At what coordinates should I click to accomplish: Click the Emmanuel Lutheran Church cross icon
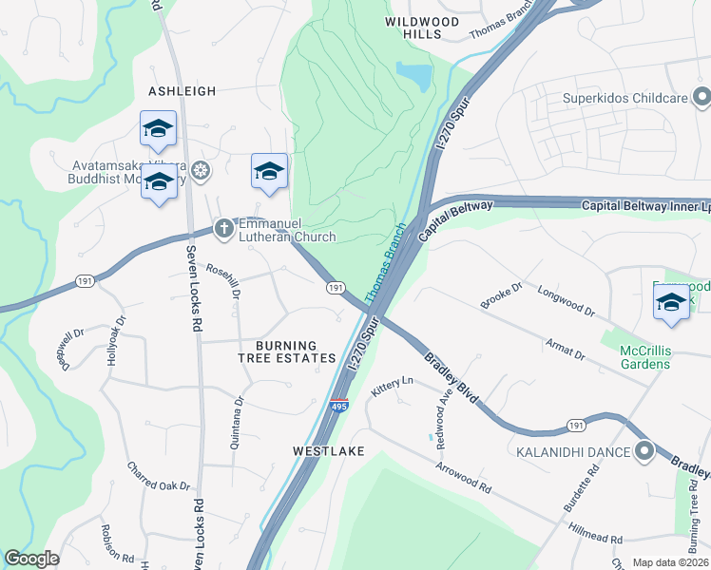(223, 228)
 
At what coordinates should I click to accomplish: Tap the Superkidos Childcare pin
(701, 96)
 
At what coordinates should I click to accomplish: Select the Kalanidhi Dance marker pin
(645, 450)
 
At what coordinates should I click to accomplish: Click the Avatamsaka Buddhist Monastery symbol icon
(200, 171)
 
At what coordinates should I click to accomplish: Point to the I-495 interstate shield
(339, 406)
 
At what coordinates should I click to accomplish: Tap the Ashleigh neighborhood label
(183, 91)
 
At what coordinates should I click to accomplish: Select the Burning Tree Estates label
(287, 351)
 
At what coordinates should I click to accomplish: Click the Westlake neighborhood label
(329, 451)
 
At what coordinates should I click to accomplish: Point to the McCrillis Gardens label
(651, 358)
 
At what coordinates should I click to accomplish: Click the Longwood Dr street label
(566, 301)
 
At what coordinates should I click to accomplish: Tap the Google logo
(31, 559)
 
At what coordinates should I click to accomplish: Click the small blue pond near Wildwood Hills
(413, 75)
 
